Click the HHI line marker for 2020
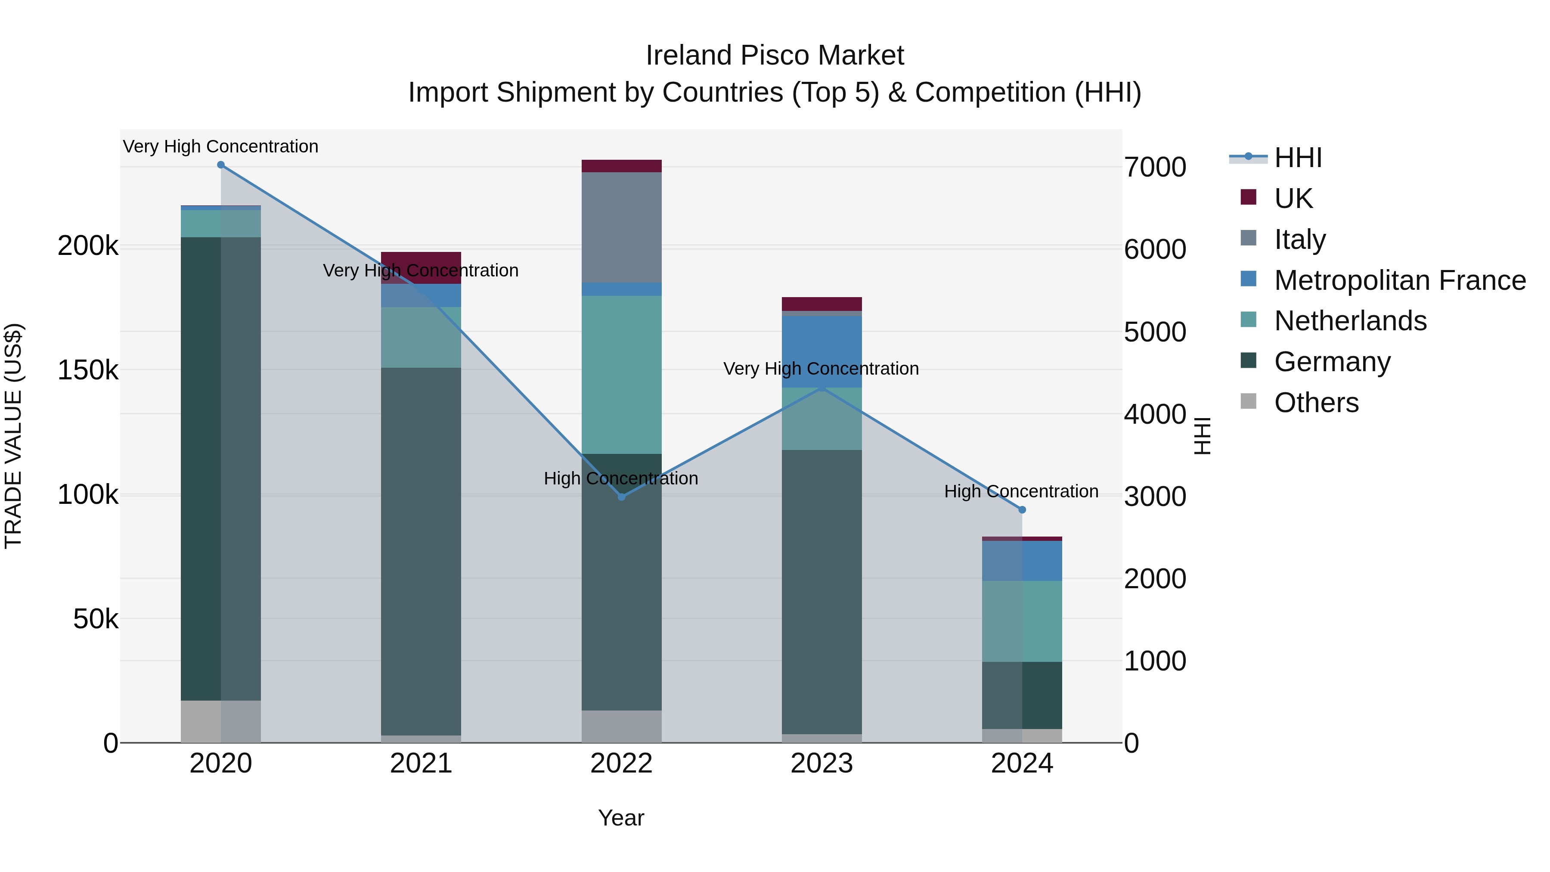pyautogui.click(x=221, y=165)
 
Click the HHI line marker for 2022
pyautogui.click(x=622, y=497)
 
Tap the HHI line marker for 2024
pyautogui.click(x=1022, y=510)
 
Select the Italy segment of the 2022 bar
pyautogui.click(x=622, y=227)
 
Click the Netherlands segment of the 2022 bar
pyautogui.click(x=622, y=374)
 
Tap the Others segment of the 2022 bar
pyautogui.click(x=622, y=726)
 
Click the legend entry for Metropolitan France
pyautogui.click(x=1400, y=280)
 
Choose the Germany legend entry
pyautogui.click(x=1332, y=362)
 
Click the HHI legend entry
pyautogui.click(x=1298, y=158)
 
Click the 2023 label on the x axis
pyautogui.click(x=821, y=763)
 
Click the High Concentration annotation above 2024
pyautogui.click(x=1021, y=492)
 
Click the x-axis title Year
pyautogui.click(x=621, y=818)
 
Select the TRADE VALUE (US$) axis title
pyautogui.click(x=13, y=436)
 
